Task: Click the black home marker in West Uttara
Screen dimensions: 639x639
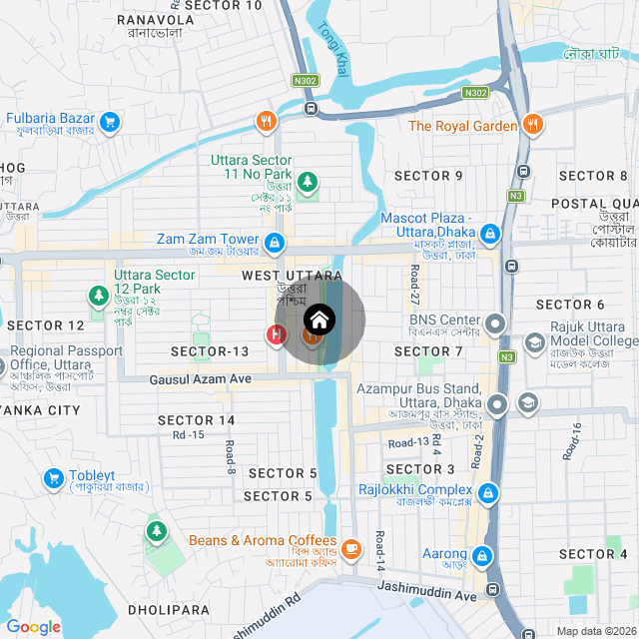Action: coord(319,319)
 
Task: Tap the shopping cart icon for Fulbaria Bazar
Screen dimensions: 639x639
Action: coord(110,123)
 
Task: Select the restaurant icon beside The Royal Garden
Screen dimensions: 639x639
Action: coord(534,125)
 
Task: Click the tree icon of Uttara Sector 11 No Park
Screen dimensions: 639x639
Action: coord(309,182)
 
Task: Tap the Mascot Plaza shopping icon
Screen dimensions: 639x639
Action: coord(489,235)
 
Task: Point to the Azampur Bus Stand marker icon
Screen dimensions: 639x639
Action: coord(496,404)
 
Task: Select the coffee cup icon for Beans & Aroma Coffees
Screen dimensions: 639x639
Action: coord(351,548)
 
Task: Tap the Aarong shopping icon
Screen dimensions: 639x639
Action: coord(482,554)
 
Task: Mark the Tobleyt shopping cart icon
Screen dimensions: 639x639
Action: coord(51,478)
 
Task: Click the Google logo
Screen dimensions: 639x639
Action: coord(33,627)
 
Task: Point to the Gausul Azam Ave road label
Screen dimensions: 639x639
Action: coord(201,379)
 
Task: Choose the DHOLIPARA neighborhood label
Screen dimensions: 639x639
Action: coord(169,609)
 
